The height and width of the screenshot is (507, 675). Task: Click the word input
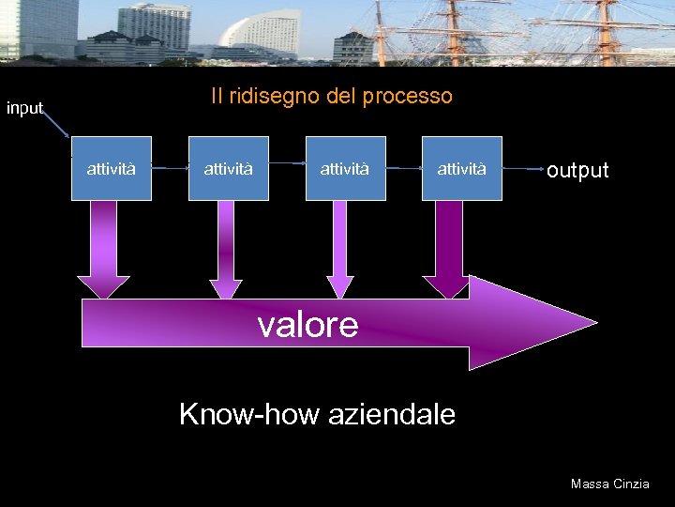[x=25, y=108]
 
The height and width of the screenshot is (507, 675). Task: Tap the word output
[x=577, y=170]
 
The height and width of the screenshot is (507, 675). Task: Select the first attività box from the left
[x=112, y=169]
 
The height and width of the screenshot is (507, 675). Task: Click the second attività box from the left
[x=229, y=169]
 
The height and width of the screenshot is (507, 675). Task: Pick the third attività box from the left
[x=345, y=169]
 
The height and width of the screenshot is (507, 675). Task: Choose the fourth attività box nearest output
[x=461, y=169]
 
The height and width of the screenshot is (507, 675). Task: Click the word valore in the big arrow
[x=307, y=324]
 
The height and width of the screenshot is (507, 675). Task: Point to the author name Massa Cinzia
[x=609, y=484]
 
